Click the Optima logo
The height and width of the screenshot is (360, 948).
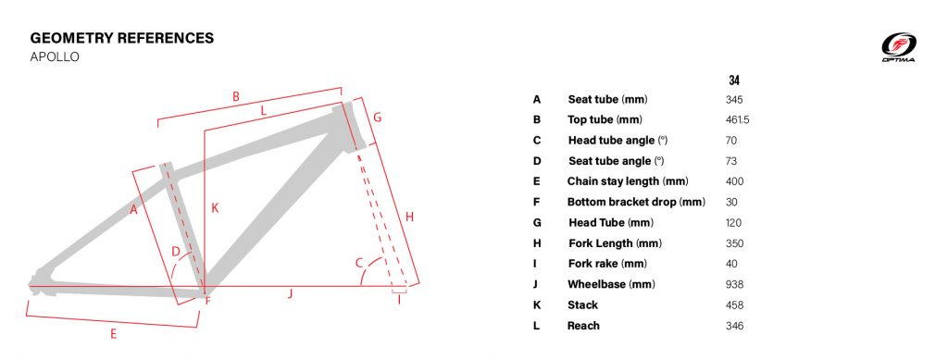click(x=898, y=47)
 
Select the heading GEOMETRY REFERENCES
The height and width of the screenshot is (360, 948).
click(x=122, y=38)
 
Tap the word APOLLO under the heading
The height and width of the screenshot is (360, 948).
click(x=55, y=57)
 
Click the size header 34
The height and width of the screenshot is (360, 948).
click(x=734, y=80)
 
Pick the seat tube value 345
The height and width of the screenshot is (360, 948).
click(x=734, y=100)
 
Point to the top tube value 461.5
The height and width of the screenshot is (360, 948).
click(x=738, y=120)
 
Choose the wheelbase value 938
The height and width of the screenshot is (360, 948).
click(x=734, y=284)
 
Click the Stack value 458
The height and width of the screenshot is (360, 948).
click(x=734, y=305)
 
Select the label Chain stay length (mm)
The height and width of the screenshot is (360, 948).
click(x=628, y=181)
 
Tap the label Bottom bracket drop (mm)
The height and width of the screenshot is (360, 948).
click(x=636, y=202)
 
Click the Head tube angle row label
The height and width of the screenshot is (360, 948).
click(x=617, y=140)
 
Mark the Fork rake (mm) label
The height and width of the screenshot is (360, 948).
click(x=607, y=264)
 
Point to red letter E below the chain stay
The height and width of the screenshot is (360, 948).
click(x=113, y=333)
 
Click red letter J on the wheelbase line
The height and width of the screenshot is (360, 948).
click(x=290, y=294)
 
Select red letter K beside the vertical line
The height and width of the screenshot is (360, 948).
click(x=215, y=208)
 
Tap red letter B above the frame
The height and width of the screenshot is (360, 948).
click(x=236, y=96)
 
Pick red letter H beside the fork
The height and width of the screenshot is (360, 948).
click(x=409, y=217)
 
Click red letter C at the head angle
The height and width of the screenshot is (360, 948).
click(x=358, y=263)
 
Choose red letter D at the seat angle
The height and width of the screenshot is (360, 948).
click(x=176, y=252)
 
